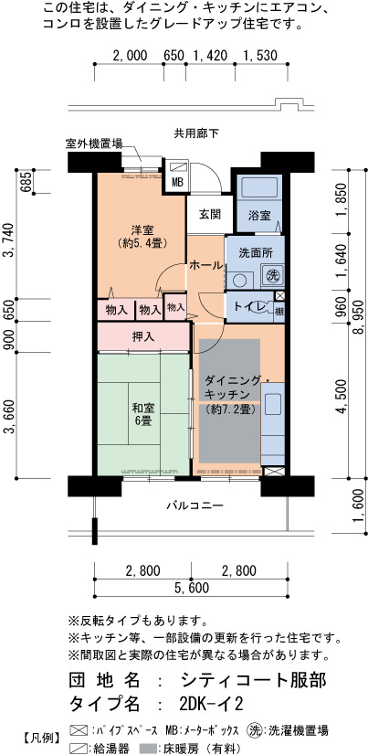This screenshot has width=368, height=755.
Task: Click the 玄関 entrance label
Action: (205, 215)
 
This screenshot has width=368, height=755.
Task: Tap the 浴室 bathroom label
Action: (258, 215)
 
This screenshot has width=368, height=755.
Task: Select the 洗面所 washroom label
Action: (255, 252)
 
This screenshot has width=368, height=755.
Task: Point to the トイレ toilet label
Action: (249, 307)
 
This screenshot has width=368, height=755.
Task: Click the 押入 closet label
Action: (143, 337)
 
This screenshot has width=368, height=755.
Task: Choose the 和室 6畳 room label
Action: (143, 415)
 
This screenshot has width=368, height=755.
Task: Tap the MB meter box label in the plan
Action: (177, 184)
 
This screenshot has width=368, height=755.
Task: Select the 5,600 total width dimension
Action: (191, 588)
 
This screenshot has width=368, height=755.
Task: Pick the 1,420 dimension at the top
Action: (210, 56)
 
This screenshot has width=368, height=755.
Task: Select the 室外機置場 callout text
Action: (93, 144)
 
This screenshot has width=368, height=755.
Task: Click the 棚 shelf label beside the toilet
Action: (279, 311)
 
